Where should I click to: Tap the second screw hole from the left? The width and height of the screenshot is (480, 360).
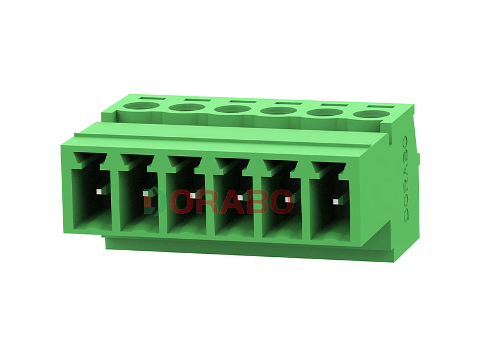click(x=186, y=109)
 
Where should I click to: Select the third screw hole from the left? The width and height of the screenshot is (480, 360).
click(x=232, y=110)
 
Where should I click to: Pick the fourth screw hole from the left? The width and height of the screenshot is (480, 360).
click(x=278, y=111)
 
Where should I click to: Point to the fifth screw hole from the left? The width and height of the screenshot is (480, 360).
click(x=325, y=112)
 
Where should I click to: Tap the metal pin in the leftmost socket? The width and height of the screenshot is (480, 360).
click(x=99, y=191)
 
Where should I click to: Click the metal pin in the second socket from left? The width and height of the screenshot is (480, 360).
click(x=146, y=193)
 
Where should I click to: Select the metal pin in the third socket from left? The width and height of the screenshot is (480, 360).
click(x=193, y=196)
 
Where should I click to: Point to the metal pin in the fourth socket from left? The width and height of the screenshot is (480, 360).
click(x=240, y=197)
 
